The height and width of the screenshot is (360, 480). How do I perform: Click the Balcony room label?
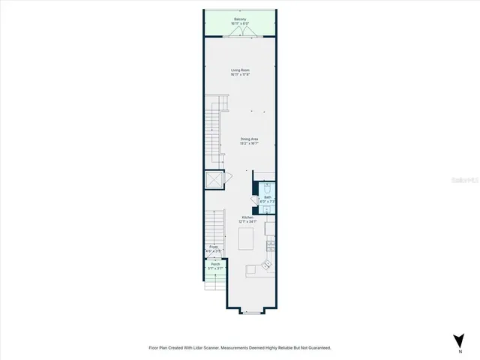click(x=240, y=19)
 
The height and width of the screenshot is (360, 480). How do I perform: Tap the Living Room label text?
click(x=240, y=70)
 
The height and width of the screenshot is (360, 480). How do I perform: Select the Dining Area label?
click(x=250, y=139)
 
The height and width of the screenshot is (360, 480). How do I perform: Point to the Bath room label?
click(x=268, y=197)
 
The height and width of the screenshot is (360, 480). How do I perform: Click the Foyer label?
click(x=214, y=247)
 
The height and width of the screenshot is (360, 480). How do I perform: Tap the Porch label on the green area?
click(x=215, y=265)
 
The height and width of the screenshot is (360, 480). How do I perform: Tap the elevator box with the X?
click(x=214, y=180)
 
